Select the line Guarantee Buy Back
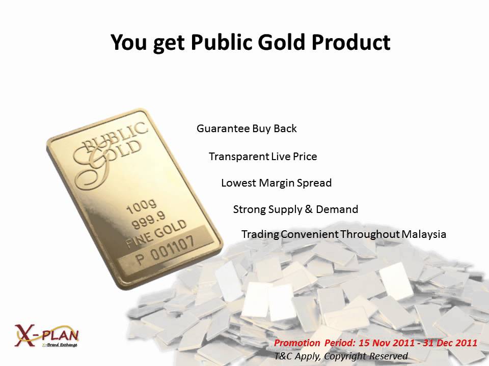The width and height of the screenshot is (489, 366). (247, 129)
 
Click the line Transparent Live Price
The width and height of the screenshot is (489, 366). (263, 157)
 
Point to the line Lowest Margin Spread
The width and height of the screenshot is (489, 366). (276, 183)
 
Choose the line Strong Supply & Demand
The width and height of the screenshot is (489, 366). (295, 209)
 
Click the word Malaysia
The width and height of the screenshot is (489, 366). (424, 234)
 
